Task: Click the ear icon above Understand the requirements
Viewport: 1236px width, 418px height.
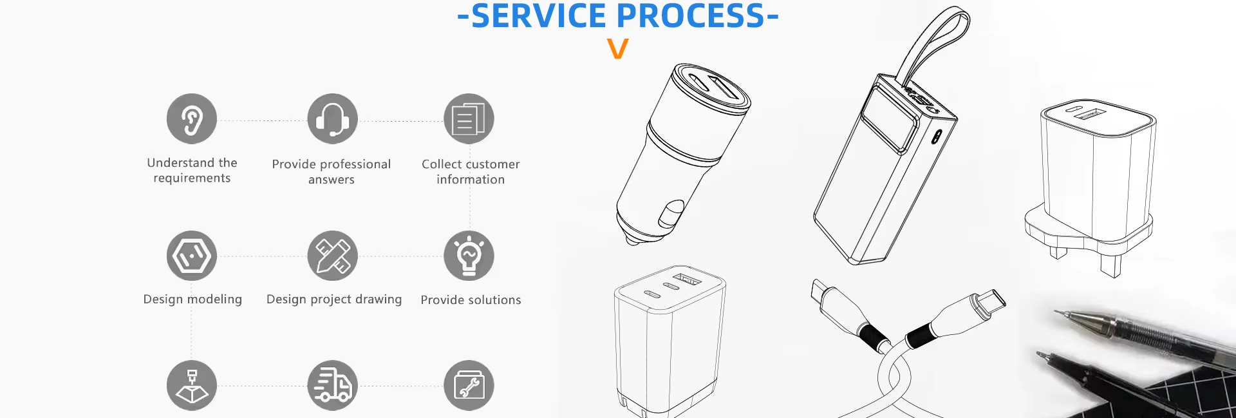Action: (x=192, y=119)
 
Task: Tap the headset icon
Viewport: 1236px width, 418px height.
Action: (x=332, y=119)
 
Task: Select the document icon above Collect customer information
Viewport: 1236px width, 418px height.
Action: (x=469, y=119)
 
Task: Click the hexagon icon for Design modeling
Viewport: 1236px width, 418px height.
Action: (x=192, y=256)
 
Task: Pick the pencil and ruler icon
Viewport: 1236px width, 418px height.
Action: (x=332, y=256)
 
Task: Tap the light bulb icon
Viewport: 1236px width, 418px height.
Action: (x=469, y=256)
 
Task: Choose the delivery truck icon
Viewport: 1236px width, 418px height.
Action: (x=332, y=385)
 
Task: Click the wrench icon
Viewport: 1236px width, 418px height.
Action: (x=469, y=385)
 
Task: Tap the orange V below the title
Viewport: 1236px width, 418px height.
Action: (x=617, y=49)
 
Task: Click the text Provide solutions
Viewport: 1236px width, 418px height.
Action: (x=471, y=300)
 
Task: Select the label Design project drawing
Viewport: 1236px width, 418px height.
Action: (x=334, y=299)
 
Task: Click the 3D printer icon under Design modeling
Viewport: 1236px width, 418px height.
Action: (x=192, y=385)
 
